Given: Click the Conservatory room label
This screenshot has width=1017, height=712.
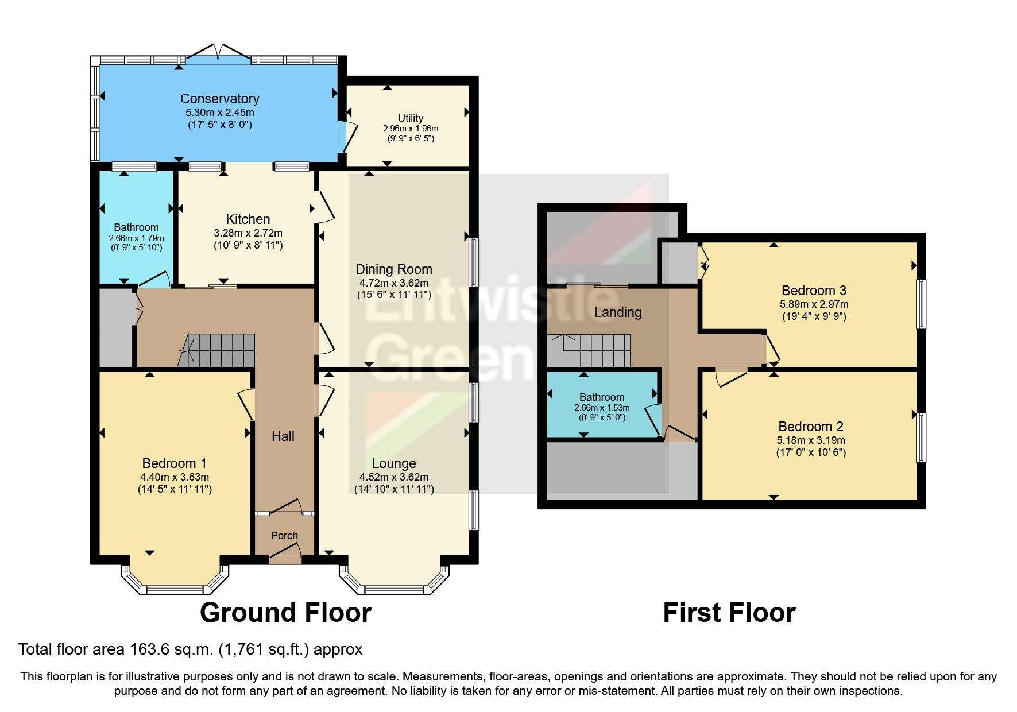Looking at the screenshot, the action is click(219, 99).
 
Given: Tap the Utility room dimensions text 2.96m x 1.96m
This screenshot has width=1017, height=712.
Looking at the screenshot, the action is click(411, 129).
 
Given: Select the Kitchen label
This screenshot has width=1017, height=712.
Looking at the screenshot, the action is click(248, 219).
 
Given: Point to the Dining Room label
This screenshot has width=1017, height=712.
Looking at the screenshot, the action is click(394, 269).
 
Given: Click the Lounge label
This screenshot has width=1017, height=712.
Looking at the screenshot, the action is click(394, 463).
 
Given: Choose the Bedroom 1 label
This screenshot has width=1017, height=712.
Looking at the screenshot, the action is click(175, 463).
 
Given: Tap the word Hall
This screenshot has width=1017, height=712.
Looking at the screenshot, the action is click(283, 436).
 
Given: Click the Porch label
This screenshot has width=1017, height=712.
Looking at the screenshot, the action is click(284, 536).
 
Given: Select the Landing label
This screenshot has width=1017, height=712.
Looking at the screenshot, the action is click(618, 312).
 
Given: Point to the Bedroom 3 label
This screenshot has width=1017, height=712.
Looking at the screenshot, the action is click(814, 291).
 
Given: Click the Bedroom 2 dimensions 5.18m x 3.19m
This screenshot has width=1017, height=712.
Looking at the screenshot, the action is click(811, 440).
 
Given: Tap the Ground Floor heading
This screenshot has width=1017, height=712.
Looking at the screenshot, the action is click(285, 613).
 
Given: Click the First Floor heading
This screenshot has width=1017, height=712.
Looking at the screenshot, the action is click(729, 613).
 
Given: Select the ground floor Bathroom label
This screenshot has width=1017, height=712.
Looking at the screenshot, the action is click(136, 227).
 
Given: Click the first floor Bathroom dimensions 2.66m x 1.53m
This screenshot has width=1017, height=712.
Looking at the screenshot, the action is click(602, 408).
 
